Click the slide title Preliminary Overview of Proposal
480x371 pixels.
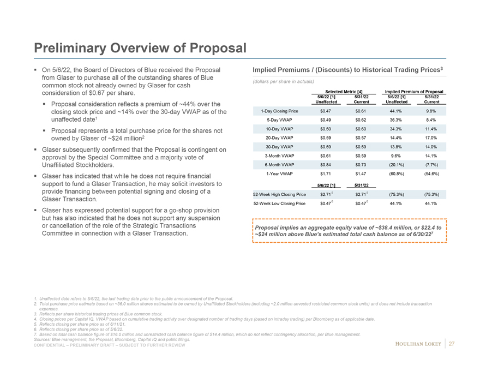(x=140, y=48)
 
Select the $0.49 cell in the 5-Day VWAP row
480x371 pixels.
(x=327, y=119)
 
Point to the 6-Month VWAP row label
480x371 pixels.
(x=280, y=164)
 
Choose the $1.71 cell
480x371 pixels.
(x=327, y=173)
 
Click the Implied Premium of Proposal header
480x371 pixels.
(x=414, y=91)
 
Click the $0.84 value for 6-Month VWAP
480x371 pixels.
(x=327, y=164)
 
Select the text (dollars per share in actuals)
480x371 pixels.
(x=283, y=81)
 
